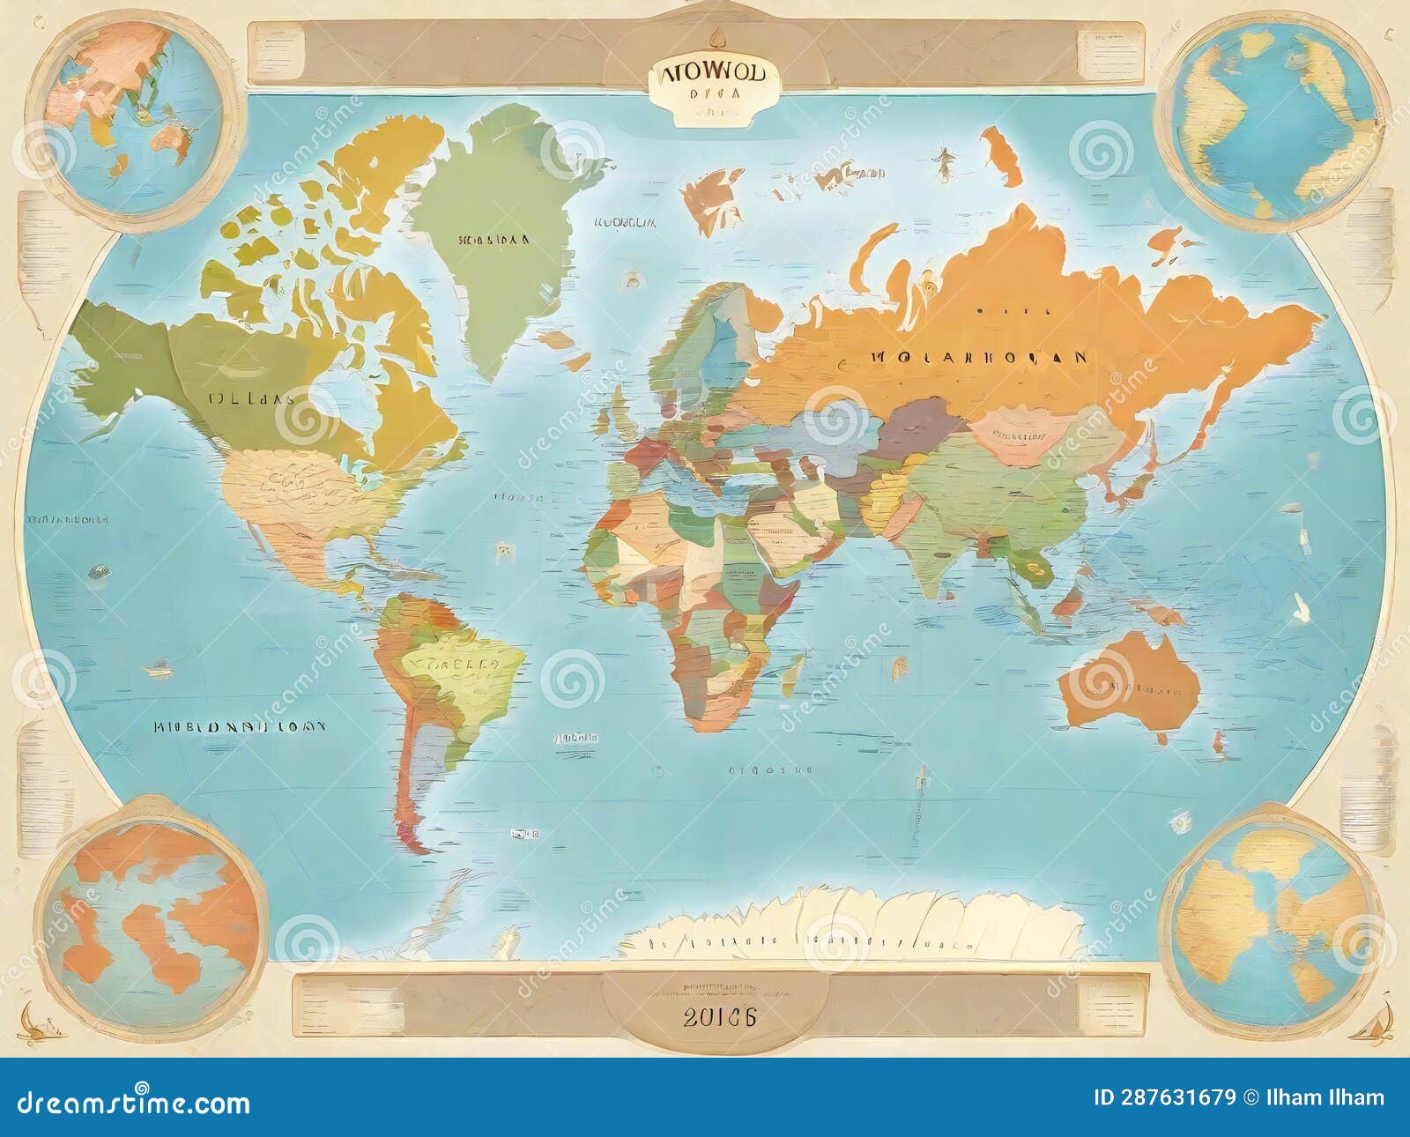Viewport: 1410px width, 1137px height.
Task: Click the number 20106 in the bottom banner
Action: point(719,1016)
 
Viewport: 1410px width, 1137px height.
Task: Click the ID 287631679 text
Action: point(1164,1097)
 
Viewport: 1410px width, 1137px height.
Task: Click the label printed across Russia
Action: point(978,358)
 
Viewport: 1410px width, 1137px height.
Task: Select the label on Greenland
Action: point(493,239)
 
